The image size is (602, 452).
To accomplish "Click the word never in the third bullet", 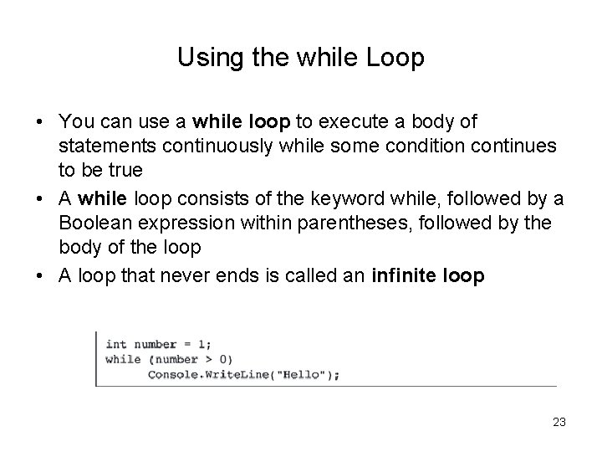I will click(214, 275).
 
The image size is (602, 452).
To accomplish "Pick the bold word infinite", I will click(394, 275).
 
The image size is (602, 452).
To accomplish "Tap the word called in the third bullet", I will click(318, 275).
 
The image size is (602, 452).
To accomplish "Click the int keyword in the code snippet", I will click(115, 344).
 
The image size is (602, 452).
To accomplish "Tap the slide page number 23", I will click(559, 423).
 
